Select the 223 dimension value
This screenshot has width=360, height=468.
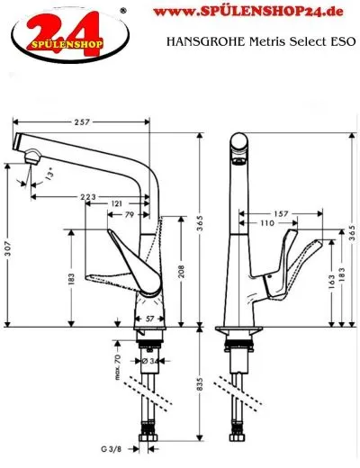tap(88, 195)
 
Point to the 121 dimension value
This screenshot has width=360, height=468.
tap(118, 205)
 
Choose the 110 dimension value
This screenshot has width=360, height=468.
tap(266, 222)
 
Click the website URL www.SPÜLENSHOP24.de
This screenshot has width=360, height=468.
tap(260, 13)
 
